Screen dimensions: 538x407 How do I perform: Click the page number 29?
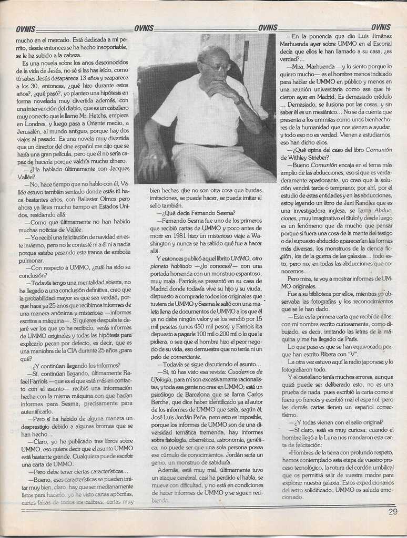(x=393, y=512)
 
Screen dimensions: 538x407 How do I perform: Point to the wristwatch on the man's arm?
(x=239, y=100)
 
